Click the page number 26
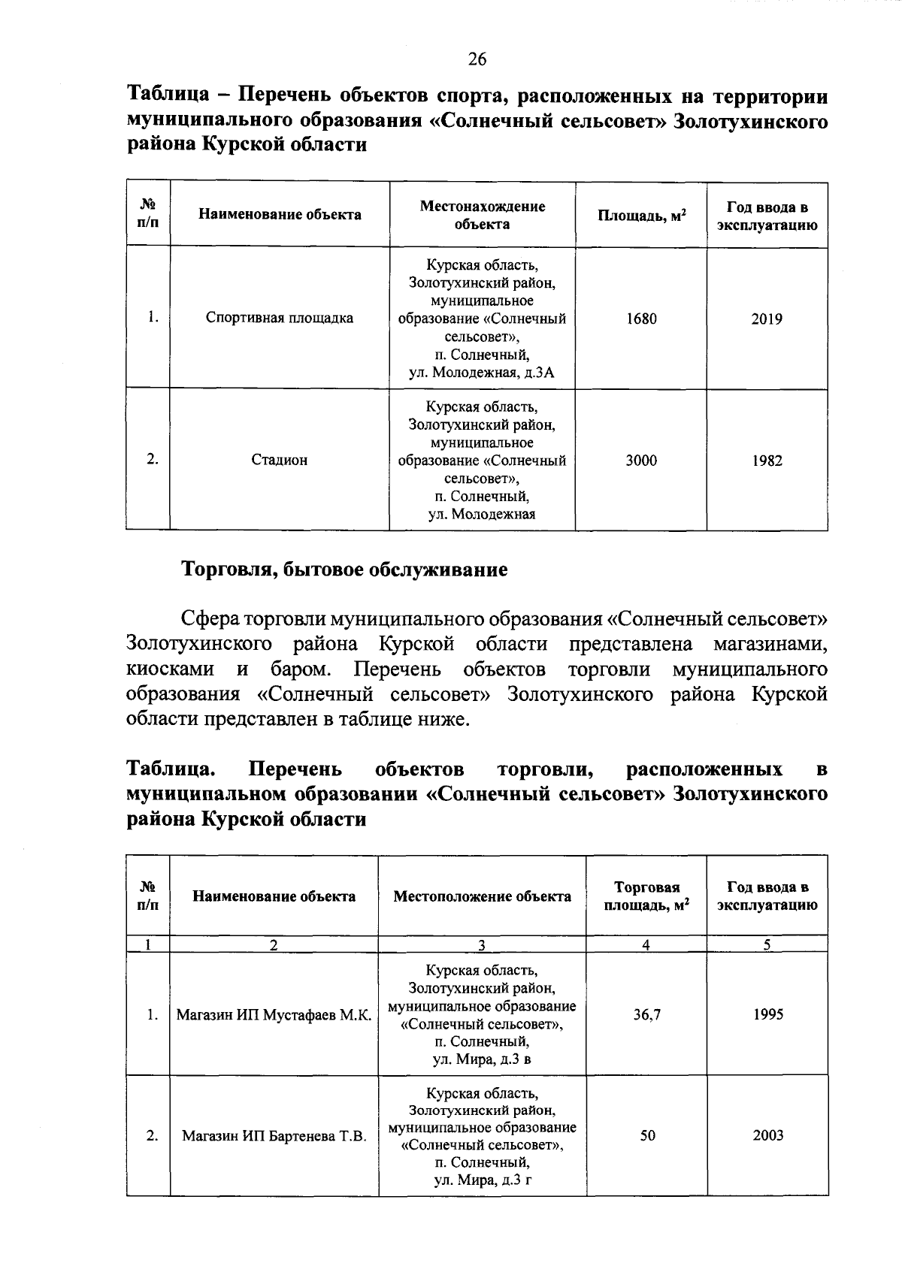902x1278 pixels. click(x=477, y=59)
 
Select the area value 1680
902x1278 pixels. click(x=641, y=319)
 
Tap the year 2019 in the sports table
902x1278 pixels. click(x=767, y=319)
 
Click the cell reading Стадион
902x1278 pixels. click(x=279, y=460)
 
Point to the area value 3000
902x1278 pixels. click(x=641, y=461)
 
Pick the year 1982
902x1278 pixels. click(x=767, y=461)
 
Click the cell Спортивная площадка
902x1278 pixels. click(x=279, y=318)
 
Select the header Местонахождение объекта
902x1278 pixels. click(x=482, y=215)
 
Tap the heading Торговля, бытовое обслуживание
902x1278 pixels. click(x=344, y=570)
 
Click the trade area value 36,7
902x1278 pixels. click(x=646, y=1015)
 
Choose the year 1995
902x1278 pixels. click(x=767, y=1015)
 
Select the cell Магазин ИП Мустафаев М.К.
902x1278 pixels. click(x=274, y=1015)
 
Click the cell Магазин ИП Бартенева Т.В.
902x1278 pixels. click(x=274, y=1136)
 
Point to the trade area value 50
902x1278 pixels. click(x=647, y=1135)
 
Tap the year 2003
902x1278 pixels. click(x=767, y=1135)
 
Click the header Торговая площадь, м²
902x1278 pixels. click(x=646, y=896)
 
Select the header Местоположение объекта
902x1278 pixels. click(x=482, y=896)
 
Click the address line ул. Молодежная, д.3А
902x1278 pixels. click(x=482, y=372)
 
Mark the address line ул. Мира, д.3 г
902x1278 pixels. click(x=483, y=1180)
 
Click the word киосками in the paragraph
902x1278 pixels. click(x=170, y=669)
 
